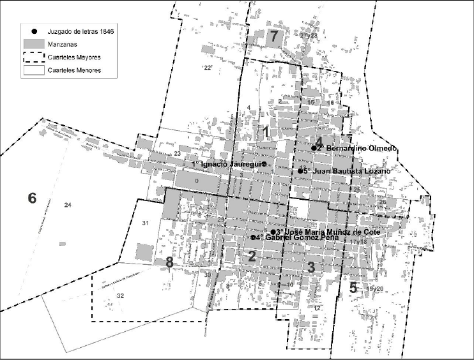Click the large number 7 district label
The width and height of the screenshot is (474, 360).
[x=274, y=36]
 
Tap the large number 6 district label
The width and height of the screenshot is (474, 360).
[x=32, y=199]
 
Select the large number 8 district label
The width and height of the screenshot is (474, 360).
[x=169, y=262]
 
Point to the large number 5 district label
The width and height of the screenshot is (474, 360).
[x=353, y=287]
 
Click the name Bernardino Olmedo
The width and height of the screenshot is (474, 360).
[x=362, y=148]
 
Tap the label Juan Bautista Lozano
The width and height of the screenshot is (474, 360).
[x=348, y=171]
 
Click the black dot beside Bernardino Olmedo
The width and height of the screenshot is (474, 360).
[x=314, y=148]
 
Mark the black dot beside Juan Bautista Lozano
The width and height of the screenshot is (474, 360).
[x=300, y=171]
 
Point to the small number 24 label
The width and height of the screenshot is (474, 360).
[x=68, y=204]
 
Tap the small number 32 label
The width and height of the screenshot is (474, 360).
[x=120, y=296]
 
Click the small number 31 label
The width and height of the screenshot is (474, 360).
[x=145, y=222]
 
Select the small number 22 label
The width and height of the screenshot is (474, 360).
[x=207, y=68]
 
